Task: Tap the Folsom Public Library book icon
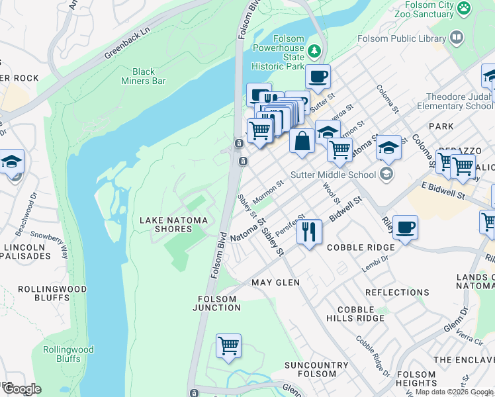pyautogui.click(x=456, y=38)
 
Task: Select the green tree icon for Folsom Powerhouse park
pyautogui.click(x=315, y=50)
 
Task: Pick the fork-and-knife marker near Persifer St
pyautogui.click(x=309, y=232)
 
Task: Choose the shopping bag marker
pyautogui.click(x=302, y=142)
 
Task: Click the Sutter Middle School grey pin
pyautogui.click(x=386, y=175)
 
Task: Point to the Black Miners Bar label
pyautogui.click(x=148, y=76)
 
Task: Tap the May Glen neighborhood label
pyautogui.click(x=275, y=283)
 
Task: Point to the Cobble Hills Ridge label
pyautogui.click(x=360, y=314)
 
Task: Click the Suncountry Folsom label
pyautogui.click(x=316, y=369)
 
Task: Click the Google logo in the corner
pyautogui.click(x=21, y=389)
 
